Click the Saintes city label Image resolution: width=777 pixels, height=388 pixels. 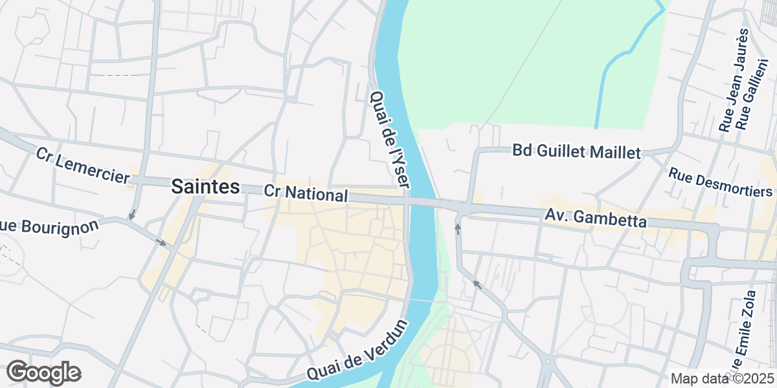[x=205, y=188]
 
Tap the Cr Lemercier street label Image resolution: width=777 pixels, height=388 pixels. [x=83, y=166]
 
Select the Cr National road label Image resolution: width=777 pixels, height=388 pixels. [x=306, y=193]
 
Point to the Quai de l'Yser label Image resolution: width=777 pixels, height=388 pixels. [x=388, y=140]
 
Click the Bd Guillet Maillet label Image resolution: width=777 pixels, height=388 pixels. [x=576, y=152]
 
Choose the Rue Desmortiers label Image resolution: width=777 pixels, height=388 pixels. [x=721, y=182]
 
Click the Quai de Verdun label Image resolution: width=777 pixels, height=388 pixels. [x=358, y=351]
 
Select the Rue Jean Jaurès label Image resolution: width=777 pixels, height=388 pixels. [x=727, y=80]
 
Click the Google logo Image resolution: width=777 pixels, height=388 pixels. [x=43, y=373]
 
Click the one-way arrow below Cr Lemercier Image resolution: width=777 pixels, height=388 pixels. [x=132, y=214]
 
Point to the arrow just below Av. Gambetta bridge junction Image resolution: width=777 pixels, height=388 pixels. [x=457, y=228]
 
